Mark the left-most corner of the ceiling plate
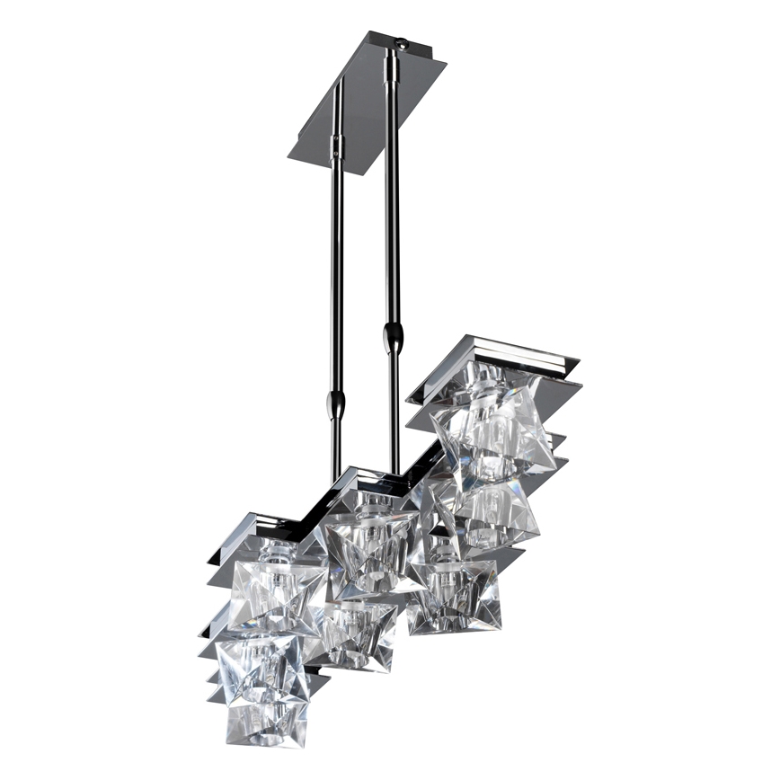tap(289, 160)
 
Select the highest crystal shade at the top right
tap(492, 427)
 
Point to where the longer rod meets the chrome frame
tap(394, 473)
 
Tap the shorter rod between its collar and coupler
tap(337, 270)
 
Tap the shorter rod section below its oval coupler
tap(337, 449)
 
